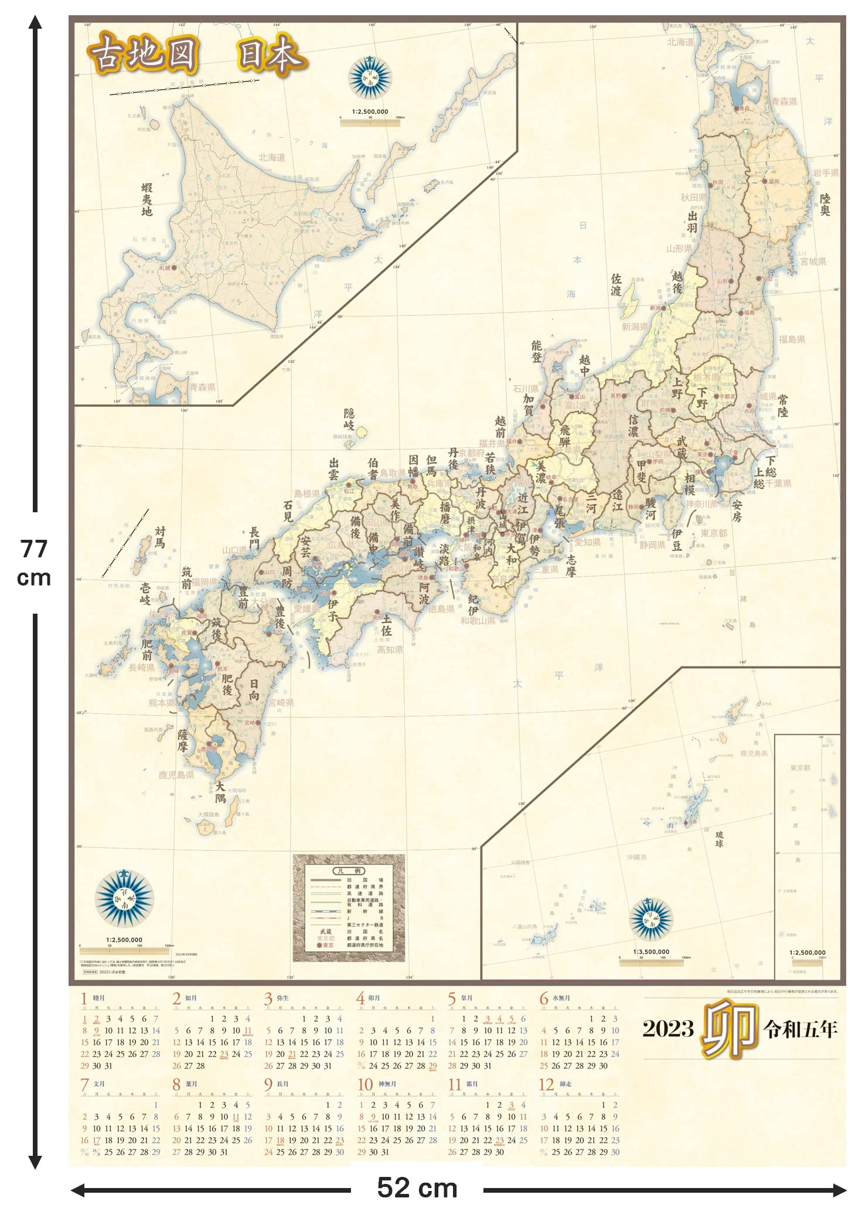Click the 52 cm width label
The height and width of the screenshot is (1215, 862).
pyautogui.click(x=417, y=1189)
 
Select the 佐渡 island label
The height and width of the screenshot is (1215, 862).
pyautogui.click(x=616, y=284)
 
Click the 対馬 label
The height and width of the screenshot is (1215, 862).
pyautogui.click(x=160, y=537)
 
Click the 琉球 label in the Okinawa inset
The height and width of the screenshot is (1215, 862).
pyautogui.click(x=719, y=839)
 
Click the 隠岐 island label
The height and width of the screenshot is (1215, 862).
pyautogui.click(x=349, y=420)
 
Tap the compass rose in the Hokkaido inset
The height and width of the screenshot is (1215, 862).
pyautogui.click(x=370, y=77)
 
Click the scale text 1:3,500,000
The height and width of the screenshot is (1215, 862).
pyautogui.click(x=651, y=952)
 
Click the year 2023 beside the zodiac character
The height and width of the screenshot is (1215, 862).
pyautogui.click(x=668, y=1030)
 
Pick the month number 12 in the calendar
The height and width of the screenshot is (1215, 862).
pyautogui.click(x=546, y=1084)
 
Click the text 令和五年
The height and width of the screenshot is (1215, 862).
pyautogui.click(x=800, y=1030)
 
